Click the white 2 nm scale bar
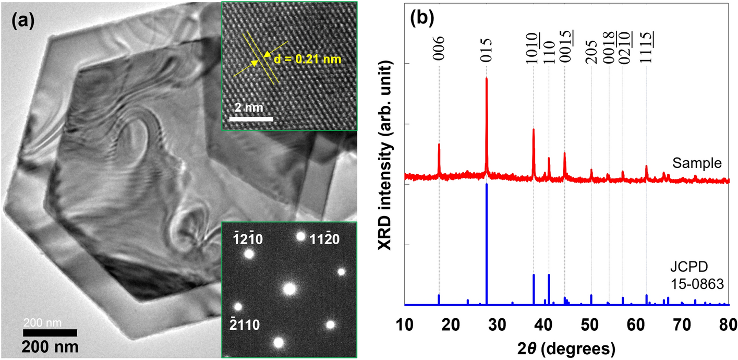coord(251,119)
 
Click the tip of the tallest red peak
coord(487,78)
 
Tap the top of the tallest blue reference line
coord(487,184)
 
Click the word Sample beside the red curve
coord(697,163)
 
